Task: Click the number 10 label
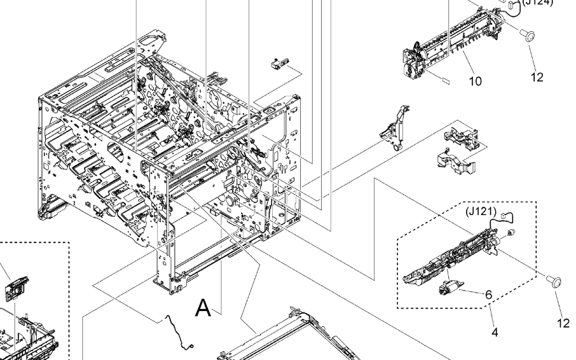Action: point(476,81)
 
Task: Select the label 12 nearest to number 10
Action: point(537,78)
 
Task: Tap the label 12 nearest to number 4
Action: point(564,323)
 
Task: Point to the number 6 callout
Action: point(488,294)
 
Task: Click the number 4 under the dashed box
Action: point(495,331)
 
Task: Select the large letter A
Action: point(203,308)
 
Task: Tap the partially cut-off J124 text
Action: point(538,3)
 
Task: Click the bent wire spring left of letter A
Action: point(178,331)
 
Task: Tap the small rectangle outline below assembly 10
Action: point(445,82)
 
